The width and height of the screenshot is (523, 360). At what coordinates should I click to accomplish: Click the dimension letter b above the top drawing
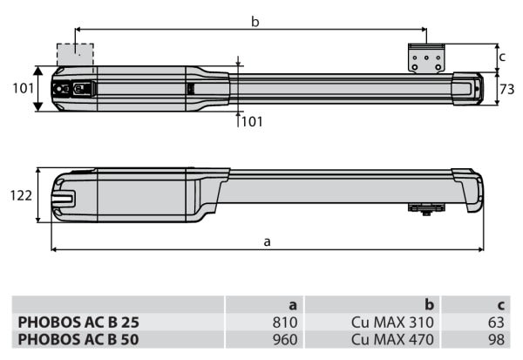point(255,21)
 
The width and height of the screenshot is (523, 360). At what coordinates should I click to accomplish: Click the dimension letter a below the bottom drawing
point(267,241)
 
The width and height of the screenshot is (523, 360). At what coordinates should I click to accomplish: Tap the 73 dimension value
point(508,88)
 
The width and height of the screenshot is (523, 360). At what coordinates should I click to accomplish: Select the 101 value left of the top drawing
point(22,88)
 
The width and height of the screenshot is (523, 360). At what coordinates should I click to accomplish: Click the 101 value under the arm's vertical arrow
point(251,122)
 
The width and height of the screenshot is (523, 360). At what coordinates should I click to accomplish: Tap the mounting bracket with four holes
point(427,60)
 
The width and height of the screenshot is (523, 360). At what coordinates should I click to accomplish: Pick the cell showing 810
point(286,322)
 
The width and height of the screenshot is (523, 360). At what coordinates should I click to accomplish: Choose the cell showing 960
point(286,337)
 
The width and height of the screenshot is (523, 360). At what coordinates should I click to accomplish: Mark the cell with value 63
point(495,322)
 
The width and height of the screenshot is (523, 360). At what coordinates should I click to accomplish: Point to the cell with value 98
point(495,337)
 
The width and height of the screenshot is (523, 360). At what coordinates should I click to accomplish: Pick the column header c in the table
point(500,305)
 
